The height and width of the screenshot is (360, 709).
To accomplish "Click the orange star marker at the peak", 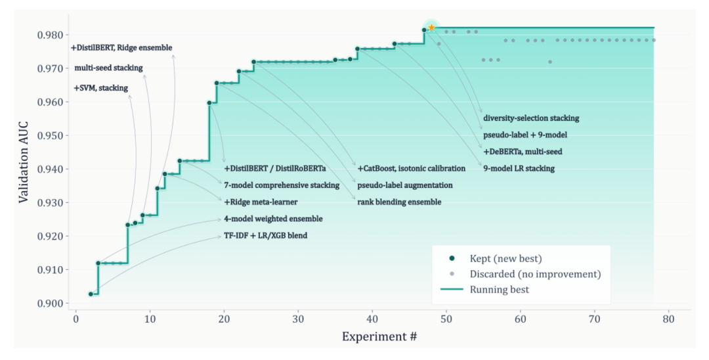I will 432,28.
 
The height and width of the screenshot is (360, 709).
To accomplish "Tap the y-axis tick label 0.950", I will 51,135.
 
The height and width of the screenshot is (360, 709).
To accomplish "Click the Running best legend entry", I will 500,289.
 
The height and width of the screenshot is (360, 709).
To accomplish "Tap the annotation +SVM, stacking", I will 100,88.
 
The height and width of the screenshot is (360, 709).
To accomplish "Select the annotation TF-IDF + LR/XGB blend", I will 265,235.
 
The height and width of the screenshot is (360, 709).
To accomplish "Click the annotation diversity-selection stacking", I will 531,118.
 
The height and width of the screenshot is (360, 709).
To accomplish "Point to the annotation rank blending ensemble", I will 399,202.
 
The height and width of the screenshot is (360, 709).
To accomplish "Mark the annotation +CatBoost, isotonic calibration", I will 411,168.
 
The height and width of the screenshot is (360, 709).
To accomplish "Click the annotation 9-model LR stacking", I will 519,168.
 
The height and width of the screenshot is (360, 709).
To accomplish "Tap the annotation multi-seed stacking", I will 108,68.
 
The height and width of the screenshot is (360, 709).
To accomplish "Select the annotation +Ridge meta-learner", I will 259,202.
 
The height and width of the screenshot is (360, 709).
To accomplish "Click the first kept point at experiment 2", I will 91,294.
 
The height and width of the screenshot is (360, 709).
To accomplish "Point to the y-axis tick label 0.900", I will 51,304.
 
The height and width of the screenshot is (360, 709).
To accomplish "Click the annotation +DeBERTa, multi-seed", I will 523,152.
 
